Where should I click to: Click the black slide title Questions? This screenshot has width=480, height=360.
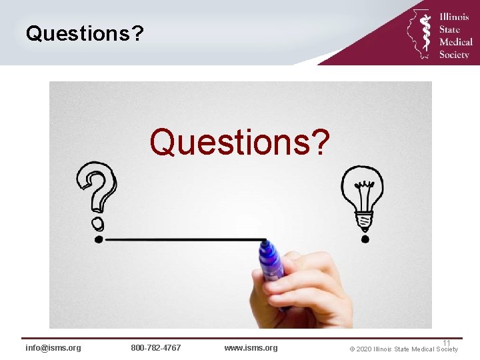(85, 33)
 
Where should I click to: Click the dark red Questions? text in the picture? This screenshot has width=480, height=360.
(239, 141)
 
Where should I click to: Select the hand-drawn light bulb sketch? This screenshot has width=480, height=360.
(362, 195)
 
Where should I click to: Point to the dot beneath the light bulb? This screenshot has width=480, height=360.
(364, 238)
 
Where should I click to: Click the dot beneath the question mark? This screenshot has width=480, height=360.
(99, 238)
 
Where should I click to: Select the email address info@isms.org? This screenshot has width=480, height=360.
(53, 348)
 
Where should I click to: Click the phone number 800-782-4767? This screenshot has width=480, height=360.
(155, 348)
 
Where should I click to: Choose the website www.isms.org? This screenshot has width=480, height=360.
(251, 348)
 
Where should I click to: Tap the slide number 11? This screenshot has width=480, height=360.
(447, 343)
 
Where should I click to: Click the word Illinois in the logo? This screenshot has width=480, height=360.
(454, 17)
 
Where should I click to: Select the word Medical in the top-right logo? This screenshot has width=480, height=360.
(455, 42)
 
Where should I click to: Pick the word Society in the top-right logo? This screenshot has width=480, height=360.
(454, 55)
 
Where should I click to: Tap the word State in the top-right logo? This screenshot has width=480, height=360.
(449, 29)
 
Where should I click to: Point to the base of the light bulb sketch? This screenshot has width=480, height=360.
(363, 221)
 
